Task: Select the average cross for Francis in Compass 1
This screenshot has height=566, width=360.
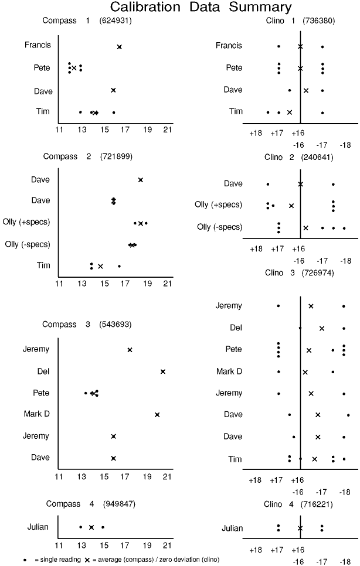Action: (x=120, y=47)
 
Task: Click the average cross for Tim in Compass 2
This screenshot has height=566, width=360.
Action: (x=100, y=266)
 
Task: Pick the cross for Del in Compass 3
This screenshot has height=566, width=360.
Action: (x=163, y=371)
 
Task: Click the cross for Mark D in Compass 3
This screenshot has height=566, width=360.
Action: (x=157, y=414)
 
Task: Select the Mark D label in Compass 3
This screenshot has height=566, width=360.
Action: (x=36, y=414)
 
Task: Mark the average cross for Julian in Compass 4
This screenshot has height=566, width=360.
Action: (x=91, y=527)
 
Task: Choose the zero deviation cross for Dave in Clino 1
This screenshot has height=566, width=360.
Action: (x=306, y=90)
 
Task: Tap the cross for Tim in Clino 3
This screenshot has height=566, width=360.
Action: (x=315, y=459)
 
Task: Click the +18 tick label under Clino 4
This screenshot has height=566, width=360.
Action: (x=256, y=550)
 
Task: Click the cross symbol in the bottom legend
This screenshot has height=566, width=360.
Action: (x=87, y=560)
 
